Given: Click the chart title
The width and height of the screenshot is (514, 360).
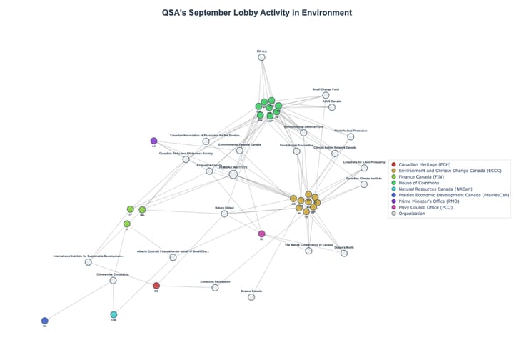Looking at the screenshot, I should tap(256, 13).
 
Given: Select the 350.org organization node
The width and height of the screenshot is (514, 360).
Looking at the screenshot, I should tap(261, 57).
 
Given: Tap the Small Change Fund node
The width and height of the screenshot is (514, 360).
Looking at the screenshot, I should tap(326, 95).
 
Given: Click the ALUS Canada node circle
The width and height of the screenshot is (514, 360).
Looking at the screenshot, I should tap(332, 107).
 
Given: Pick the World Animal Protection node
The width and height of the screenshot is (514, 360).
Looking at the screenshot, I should tap(351, 136).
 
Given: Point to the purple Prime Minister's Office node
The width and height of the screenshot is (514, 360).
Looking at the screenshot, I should tap(153, 141).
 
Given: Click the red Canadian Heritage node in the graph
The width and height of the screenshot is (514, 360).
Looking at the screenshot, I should tap(156, 286).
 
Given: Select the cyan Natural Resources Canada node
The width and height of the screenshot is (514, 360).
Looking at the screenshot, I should tap(114, 314).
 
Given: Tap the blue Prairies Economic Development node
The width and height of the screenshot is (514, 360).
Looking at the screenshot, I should tap(44, 321).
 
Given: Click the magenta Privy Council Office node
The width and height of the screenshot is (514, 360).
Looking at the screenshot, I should tap(261, 234).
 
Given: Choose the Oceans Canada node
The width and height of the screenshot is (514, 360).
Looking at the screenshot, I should tap(251, 296).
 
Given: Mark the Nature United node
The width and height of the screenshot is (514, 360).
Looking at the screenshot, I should tap(224, 214).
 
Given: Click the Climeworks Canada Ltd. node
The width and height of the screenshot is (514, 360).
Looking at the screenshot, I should tap(113, 280).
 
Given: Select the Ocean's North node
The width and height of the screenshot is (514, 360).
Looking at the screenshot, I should tap(344, 253).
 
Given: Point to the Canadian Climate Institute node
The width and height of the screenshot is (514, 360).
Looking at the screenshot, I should tap(364, 184).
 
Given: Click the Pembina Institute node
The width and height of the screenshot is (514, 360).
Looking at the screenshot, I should tap(233, 174).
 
